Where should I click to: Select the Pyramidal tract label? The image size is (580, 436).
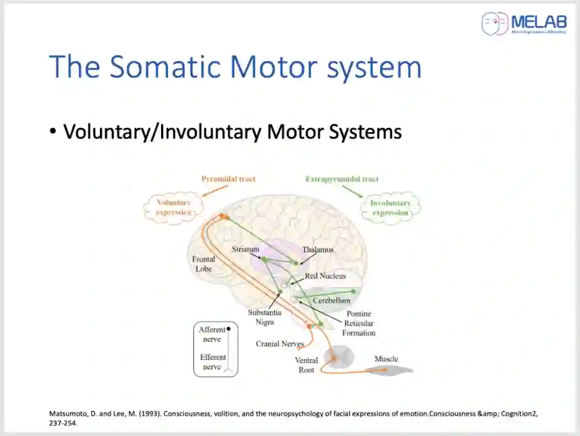228,179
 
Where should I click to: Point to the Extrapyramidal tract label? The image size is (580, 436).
342,179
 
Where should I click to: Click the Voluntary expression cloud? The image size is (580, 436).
173,208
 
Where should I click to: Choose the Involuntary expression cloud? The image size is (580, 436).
390,208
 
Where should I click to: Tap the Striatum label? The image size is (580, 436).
245,249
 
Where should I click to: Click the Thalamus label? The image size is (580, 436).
317,249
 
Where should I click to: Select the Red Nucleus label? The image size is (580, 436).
325,276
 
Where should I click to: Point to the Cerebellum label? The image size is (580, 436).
331,301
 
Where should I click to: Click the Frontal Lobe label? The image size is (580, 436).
204,264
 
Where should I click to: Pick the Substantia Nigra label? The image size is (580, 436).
265,317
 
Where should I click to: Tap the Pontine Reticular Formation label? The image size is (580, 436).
359,323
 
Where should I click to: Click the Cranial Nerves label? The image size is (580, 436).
279,344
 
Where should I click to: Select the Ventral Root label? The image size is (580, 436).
306,365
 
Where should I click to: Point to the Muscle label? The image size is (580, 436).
386,359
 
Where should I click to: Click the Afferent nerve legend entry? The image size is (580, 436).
212,334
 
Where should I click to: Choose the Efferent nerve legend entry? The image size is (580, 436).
213,362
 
